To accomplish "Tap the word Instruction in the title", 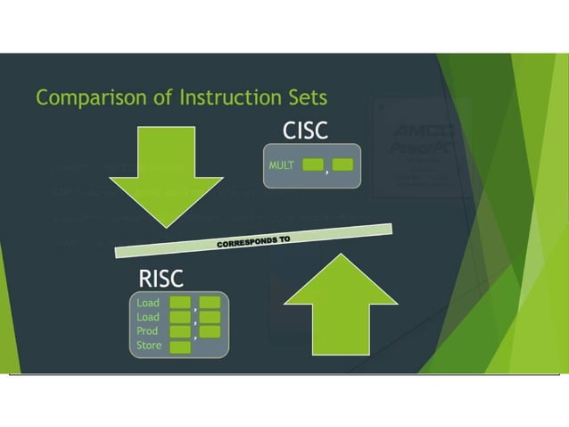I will [216, 96].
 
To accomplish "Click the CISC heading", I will [305, 130].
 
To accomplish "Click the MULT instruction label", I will [282, 165].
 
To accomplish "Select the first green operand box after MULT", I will [313, 164].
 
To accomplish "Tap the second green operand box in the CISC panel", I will [343, 164].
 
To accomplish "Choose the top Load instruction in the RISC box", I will [148, 303].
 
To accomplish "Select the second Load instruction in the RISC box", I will [148, 317].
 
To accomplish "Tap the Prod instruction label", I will [148, 331].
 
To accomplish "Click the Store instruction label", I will [150, 346].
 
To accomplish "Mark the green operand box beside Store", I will [180, 347].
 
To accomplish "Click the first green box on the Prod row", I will [180, 331].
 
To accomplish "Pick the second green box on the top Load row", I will [210, 303].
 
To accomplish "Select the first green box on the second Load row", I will [180, 317].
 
